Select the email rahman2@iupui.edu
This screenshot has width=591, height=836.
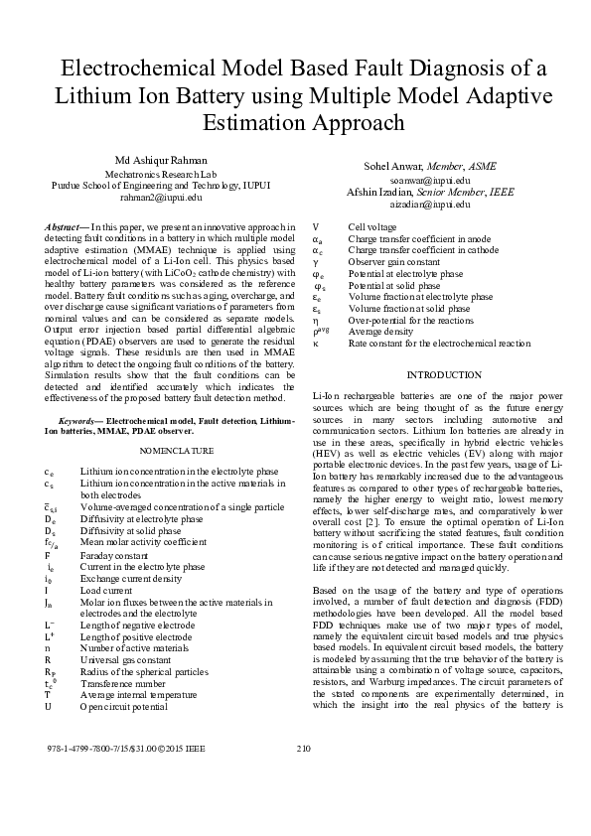click(160, 198)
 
